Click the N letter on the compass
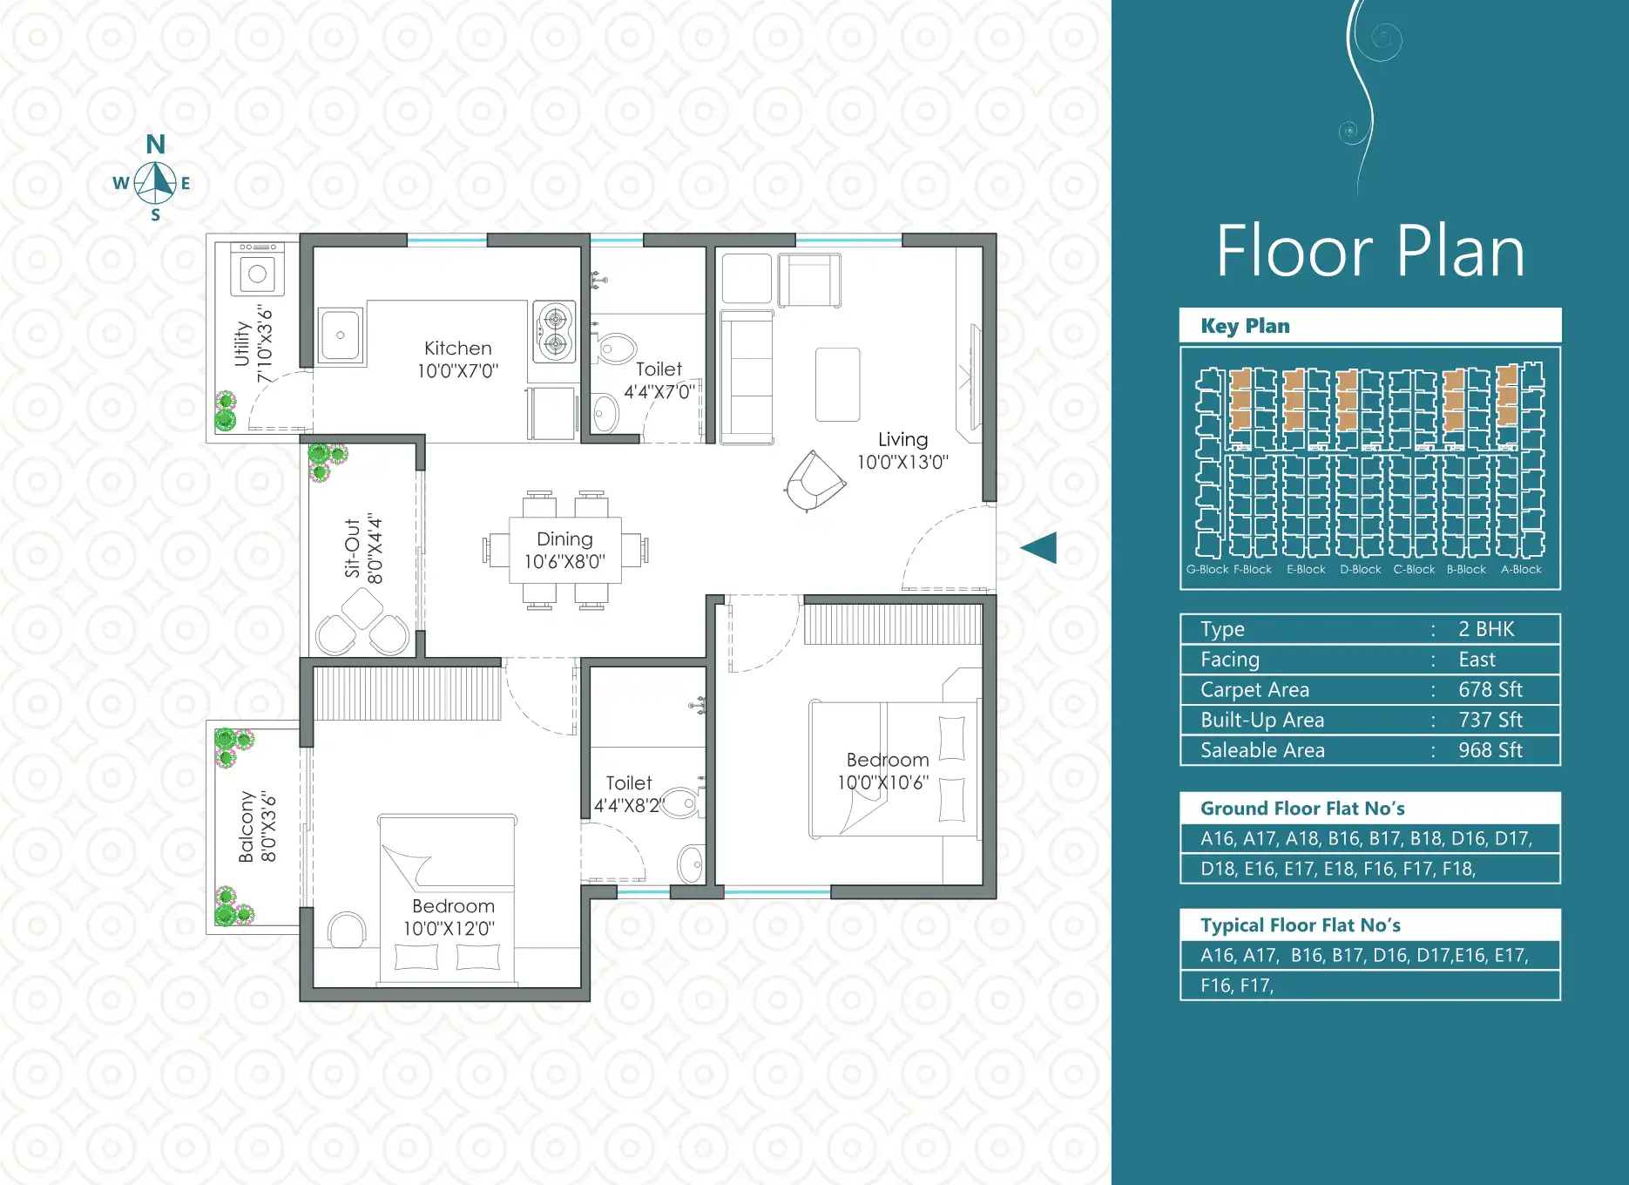pyautogui.click(x=156, y=144)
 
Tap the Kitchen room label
pyautogui.click(x=458, y=349)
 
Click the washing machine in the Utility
pyautogui.click(x=257, y=269)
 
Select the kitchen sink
pyautogui.click(x=341, y=335)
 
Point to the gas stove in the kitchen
pyautogui.click(x=554, y=331)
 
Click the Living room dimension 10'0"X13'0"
pyautogui.click(x=902, y=462)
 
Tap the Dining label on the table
pyautogui.click(x=564, y=539)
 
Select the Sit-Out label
pyautogui.click(x=352, y=548)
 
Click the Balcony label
pyautogui.click(x=247, y=827)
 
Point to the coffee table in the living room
pyautogui.click(x=838, y=384)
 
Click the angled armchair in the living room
pyautogui.click(x=814, y=481)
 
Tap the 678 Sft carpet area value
pyautogui.click(x=1490, y=690)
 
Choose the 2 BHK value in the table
pyautogui.click(x=1486, y=629)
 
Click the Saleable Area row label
pyautogui.click(x=1262, y=750)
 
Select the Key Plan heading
pyautogui.click(x=1245, y=326)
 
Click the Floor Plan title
pyautogui.click(x=1370, y=251)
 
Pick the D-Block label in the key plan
pyautogui.click(x=1360, y=570)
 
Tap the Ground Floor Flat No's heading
pyautogui.click(x=1302, y=809)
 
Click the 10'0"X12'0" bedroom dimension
pyautogui.click(x=449, y=929)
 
